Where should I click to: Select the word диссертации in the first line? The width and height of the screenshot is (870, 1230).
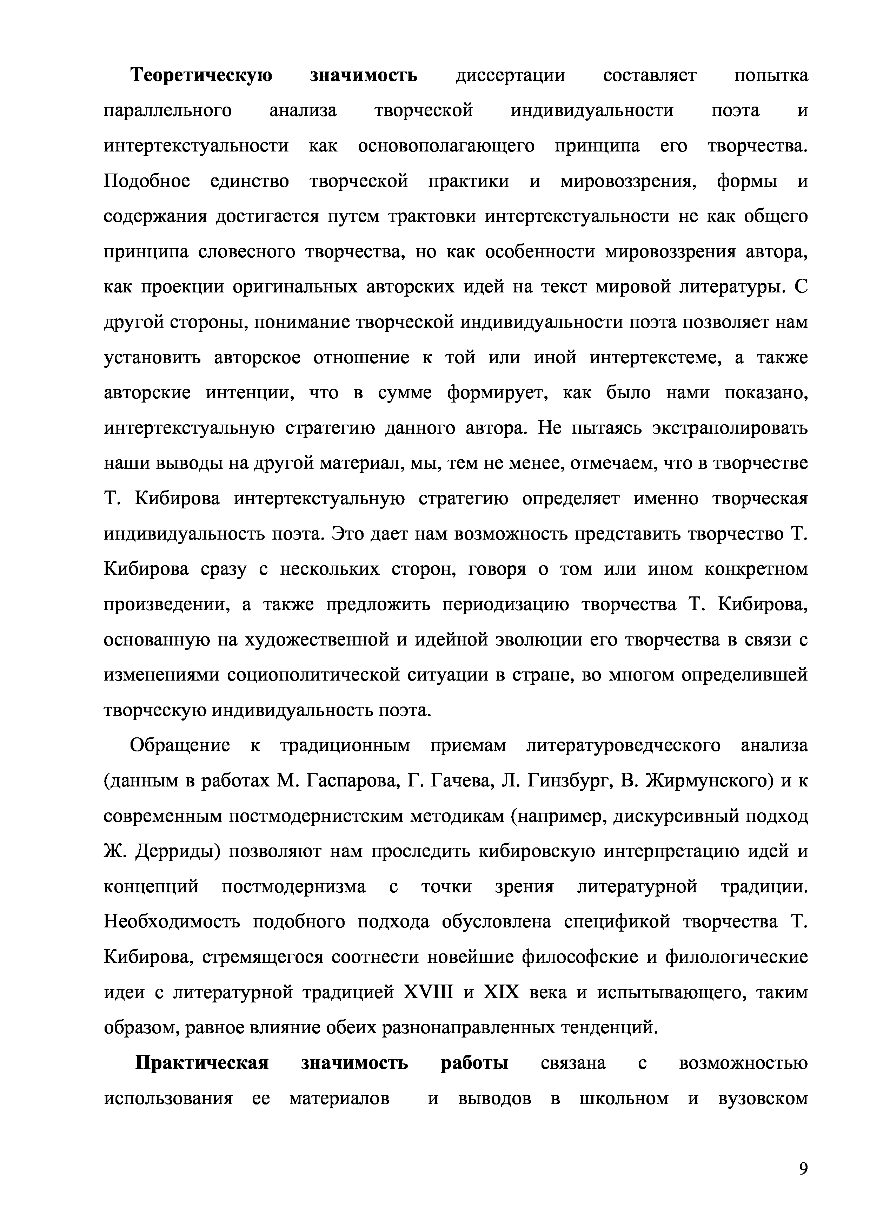(x=510, y=75)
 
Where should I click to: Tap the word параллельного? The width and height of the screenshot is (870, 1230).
(x=168, y=111)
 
